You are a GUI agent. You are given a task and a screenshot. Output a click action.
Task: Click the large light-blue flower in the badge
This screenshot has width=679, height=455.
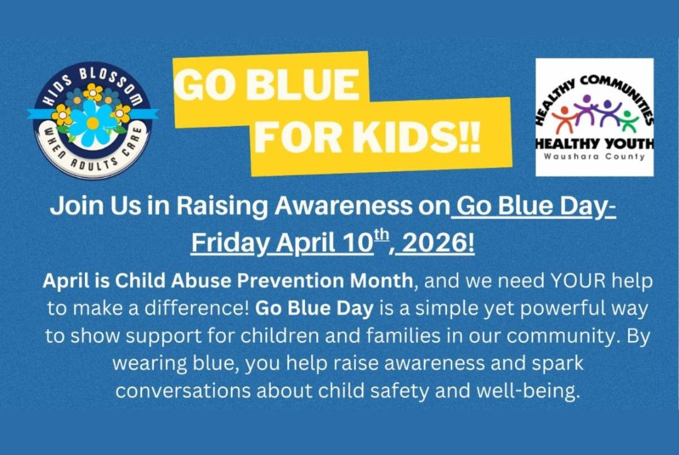(x=92, y=121)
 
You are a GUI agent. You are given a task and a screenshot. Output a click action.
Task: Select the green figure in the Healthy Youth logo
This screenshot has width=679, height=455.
(x=628, y=119)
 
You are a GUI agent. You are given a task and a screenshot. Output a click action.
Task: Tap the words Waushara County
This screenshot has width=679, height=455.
(x=594, y=157)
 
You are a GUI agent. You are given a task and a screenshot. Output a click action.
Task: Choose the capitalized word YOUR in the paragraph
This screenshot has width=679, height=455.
(x=578, y=281)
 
